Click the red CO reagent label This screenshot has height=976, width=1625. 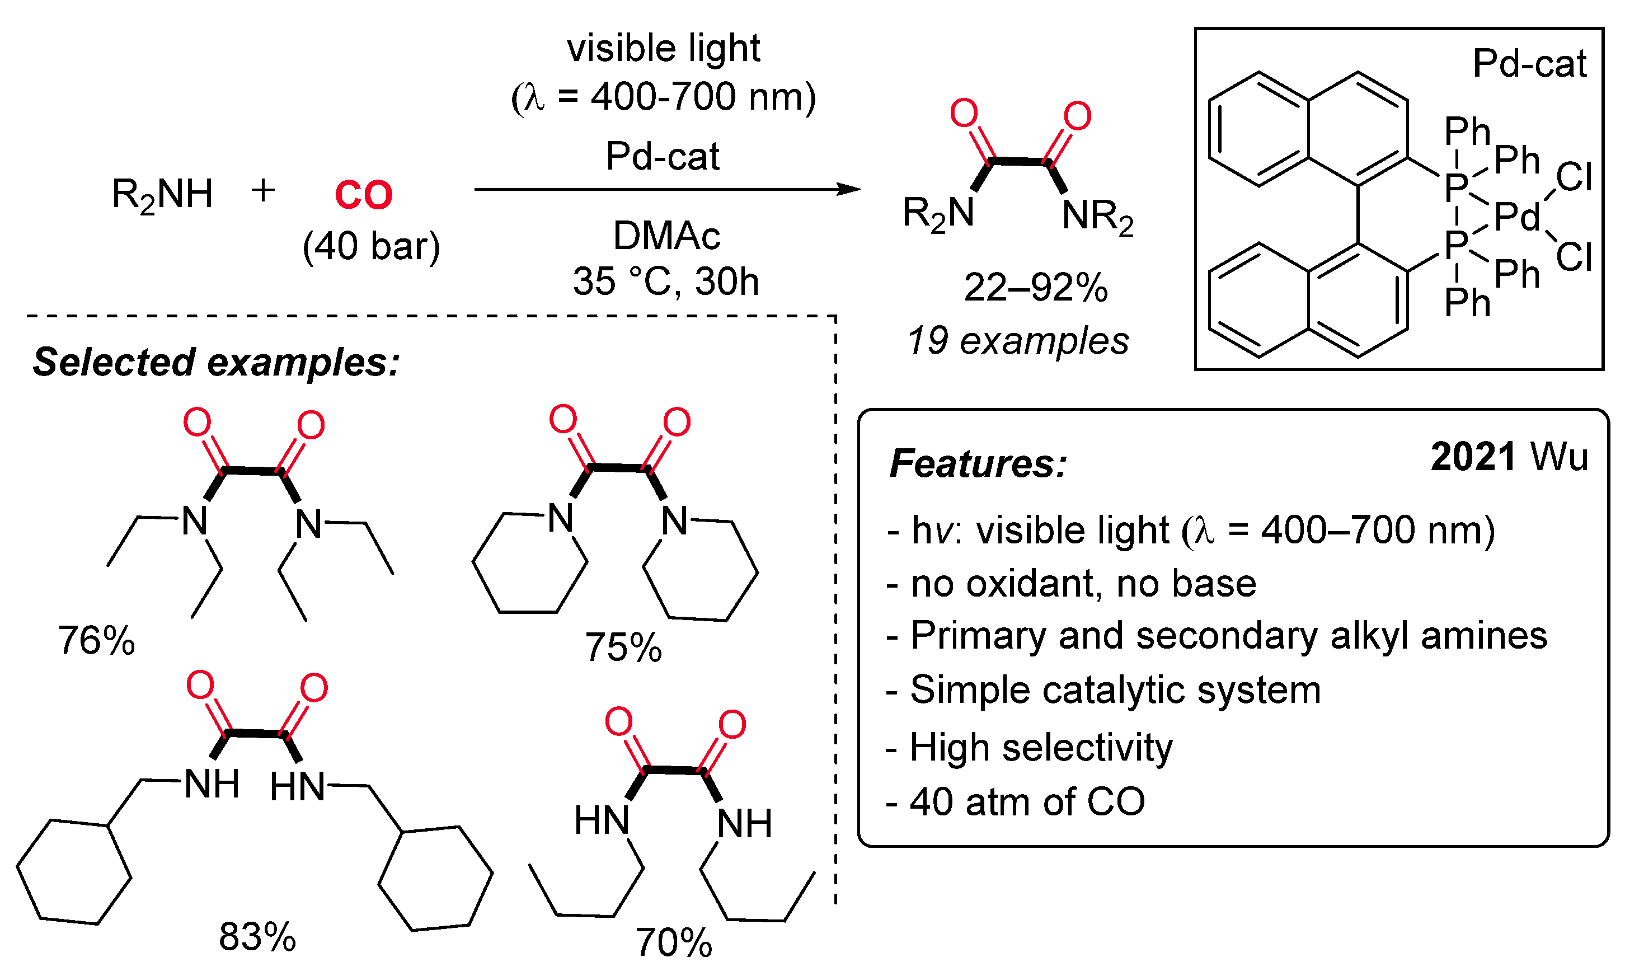point(363,195)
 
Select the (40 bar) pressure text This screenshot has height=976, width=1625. point(371,247)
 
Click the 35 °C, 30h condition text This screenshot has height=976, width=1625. point(665,281)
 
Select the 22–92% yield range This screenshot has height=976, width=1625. point(1035,288)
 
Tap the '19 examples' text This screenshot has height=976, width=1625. point(1017,341)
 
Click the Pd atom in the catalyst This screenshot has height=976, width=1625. point(1516,217)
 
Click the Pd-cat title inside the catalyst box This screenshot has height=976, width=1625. point(1528,64)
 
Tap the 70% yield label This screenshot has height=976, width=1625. point(673,942)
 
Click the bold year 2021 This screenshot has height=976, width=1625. point(1473,457)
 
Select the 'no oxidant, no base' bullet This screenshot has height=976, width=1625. point(1072,583)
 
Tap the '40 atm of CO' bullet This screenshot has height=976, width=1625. point(1016,802)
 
